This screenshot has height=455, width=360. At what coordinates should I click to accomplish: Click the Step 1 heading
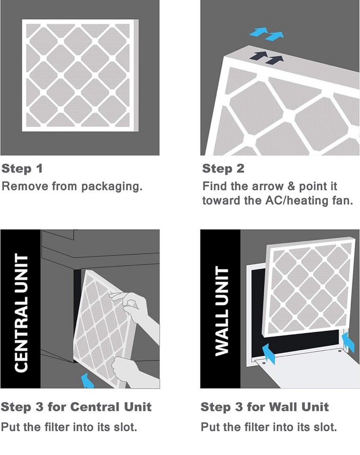23,169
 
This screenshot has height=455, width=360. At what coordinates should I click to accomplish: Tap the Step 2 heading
224,169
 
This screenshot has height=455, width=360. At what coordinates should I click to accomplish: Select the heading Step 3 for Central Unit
76,407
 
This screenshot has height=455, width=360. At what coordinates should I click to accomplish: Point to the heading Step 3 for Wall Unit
264,407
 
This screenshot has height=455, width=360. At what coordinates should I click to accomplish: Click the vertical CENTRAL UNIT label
20,313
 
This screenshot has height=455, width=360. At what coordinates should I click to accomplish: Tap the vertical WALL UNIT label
221,310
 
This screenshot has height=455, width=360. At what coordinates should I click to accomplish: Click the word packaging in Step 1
113,186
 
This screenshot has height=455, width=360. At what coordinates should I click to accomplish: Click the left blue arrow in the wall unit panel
268,354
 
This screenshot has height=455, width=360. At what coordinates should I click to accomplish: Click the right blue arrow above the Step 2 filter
275,36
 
